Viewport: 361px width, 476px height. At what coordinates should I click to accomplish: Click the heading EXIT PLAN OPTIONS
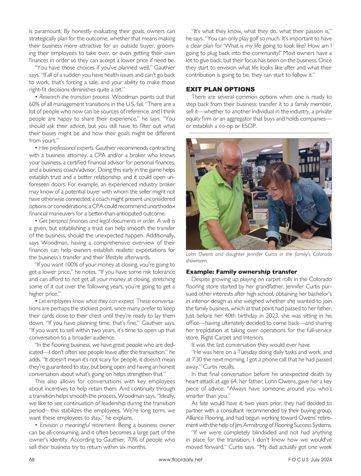[x=220, y=89]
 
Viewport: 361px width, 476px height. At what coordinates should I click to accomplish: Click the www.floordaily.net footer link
[x=180, y=459]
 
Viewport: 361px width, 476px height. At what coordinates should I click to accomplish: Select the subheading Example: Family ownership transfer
[x=242, y=272]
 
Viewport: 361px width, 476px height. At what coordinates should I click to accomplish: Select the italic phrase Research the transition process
[x=75, y=97]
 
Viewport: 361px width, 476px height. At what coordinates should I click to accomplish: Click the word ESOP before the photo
[x=249, y=126]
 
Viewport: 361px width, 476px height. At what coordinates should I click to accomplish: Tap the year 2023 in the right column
[x=262, y=316]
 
